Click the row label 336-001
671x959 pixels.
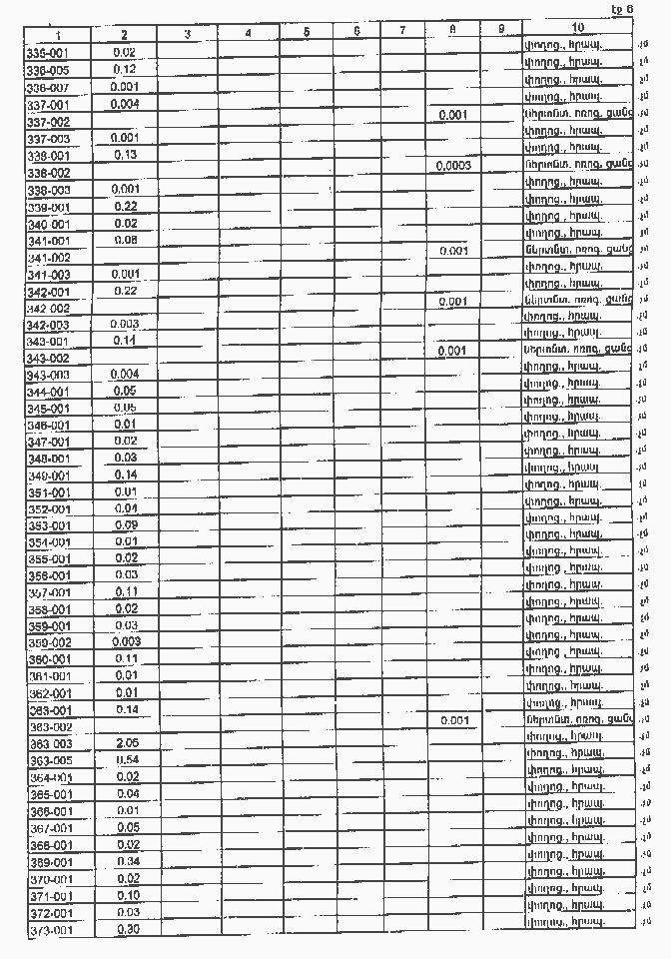click(x=46, y=52)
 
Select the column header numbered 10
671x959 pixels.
click(x=579, y=26)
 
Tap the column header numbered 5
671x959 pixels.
click(x=307, y=32)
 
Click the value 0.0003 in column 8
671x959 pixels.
click(x=453, y=165)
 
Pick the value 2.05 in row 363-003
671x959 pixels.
click(x=126, y=743)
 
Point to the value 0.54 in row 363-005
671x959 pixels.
click(x=126, y=760)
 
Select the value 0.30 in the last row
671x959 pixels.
click(x=127, y=928)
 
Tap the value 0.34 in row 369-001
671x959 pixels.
click(x=127, y=861)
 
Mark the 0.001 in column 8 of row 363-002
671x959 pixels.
click(x=453, y=719)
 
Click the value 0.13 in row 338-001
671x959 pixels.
click(x=126, y=155)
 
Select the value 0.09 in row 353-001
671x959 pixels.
click(x=126, y=523)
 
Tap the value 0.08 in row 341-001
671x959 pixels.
click(x=126, y=240)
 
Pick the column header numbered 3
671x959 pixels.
click(x=188, y=34)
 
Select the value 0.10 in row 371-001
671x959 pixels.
click(x=127, y=895)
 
